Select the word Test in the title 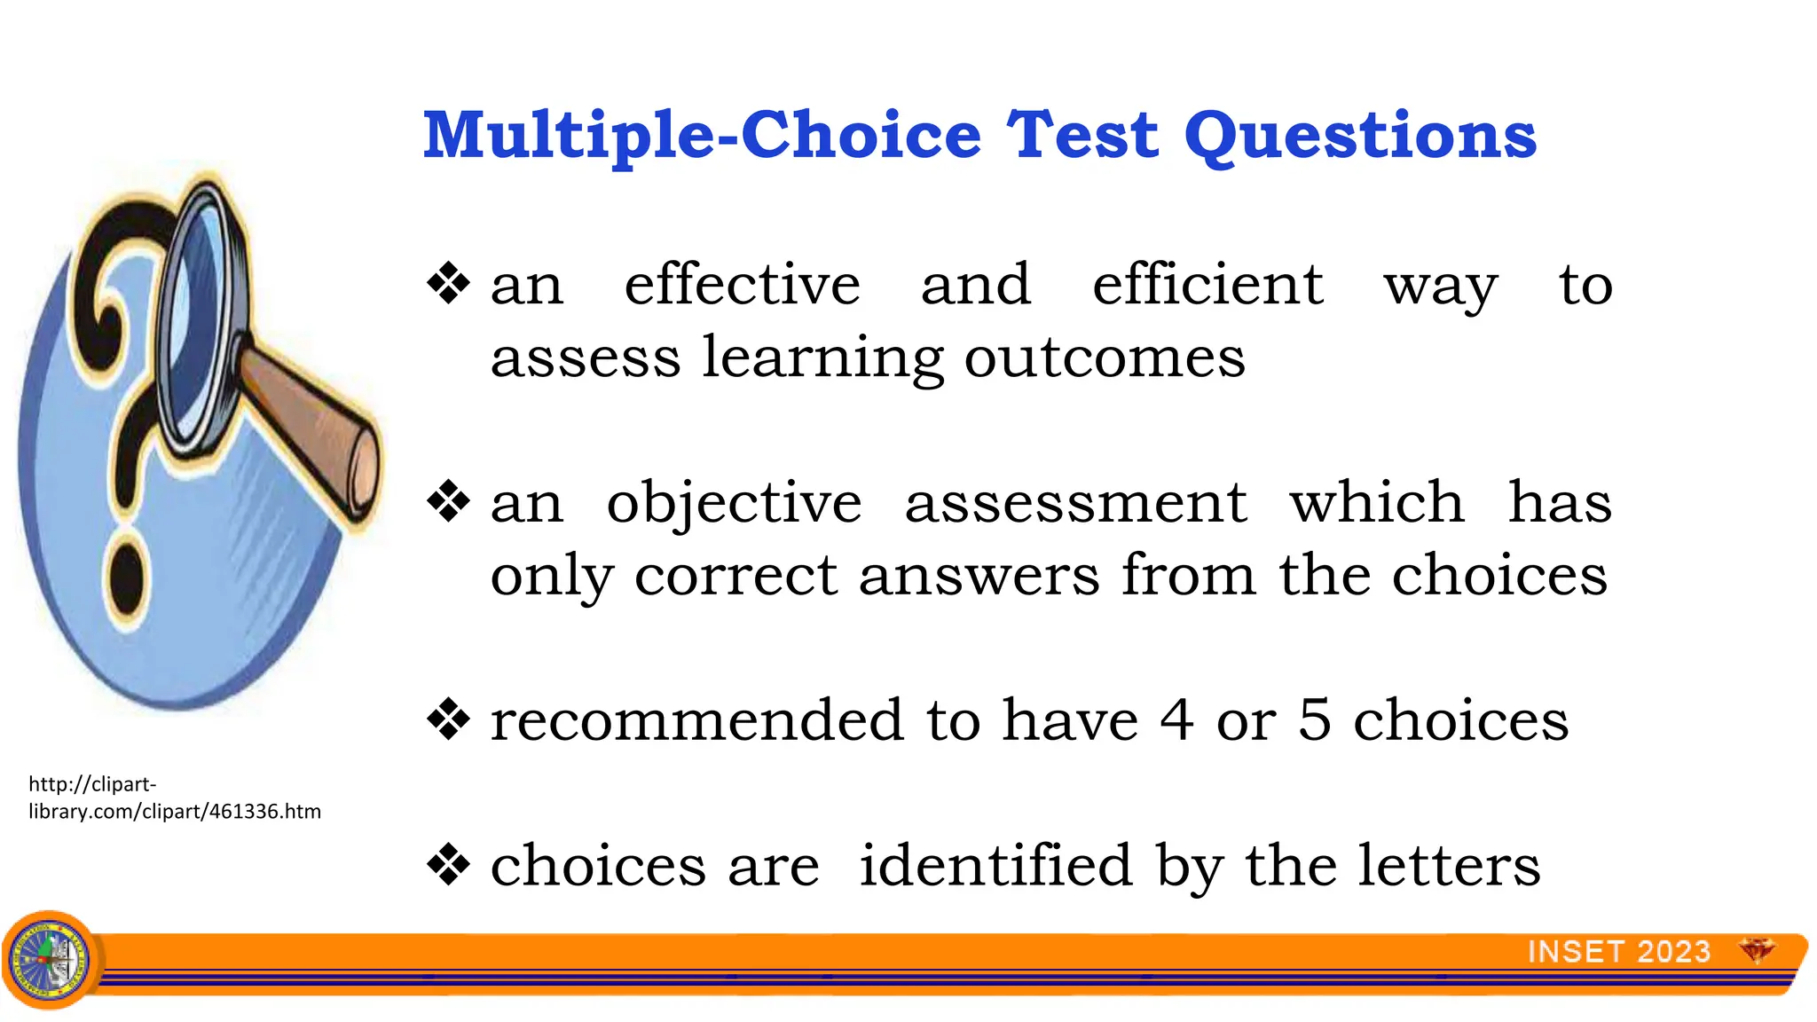click(1082, 135)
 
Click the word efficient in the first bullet click(1207, 285)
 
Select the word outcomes click(1105, 358)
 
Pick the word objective click(734, 504)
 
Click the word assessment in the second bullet click(1075, 502)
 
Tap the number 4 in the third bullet click(1176, 719)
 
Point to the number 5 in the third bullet click(1315, 719)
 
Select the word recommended click(697, 719)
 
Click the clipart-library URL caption click(174, 798)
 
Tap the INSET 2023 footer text click(1618, 952)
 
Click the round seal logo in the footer click(50, 960)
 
